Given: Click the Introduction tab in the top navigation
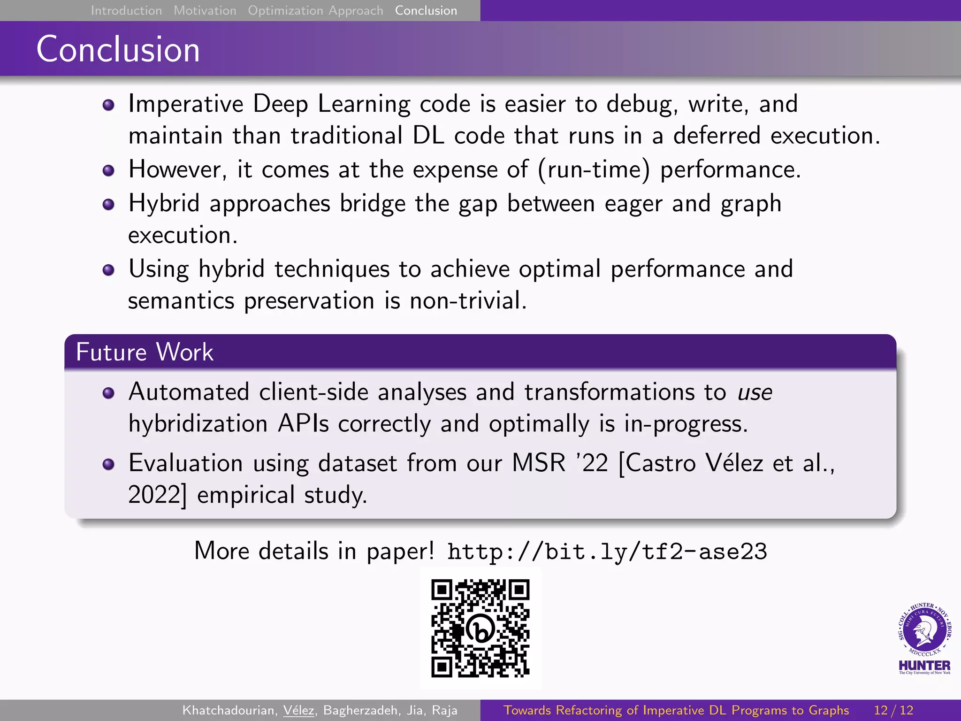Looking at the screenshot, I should [x=126, y=10].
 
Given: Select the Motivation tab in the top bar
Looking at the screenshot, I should [x=205, y=10].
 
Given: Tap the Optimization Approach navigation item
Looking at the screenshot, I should [x=315, y=10].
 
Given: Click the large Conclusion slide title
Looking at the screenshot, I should [x=118, y=49].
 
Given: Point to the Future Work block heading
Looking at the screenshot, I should [x=145, y=352].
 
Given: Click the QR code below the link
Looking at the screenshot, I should [x=480, y=628].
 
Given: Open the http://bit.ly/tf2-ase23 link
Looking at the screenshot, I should [x=607, y=551].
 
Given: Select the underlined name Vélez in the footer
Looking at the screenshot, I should [x=299, y=710].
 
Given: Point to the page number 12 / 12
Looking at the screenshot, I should [x=893, y=710].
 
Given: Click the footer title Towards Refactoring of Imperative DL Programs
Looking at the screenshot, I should [x=676, y=710].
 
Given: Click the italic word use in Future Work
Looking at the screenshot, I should [x=755, y=392].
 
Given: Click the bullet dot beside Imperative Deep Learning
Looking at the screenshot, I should [x=108, y=105].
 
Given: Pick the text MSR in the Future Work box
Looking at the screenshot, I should [x=539, y=463].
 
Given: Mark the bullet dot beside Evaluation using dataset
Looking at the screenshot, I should [x=108, y=464].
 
